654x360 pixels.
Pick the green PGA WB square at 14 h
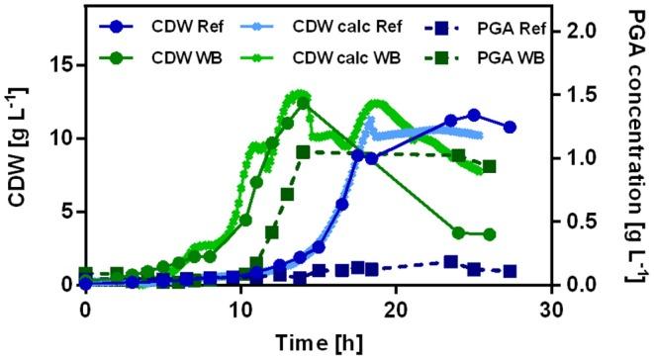pos(303,152)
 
